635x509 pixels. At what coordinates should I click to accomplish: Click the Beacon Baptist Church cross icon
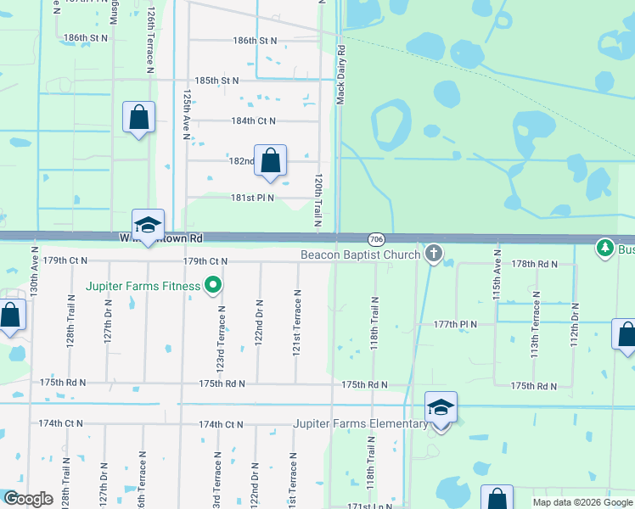click(x=434, y=253)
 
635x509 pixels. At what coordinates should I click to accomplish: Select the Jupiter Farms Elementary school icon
click(x=441, y=408)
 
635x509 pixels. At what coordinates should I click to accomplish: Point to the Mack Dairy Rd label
click(x=340, y=76)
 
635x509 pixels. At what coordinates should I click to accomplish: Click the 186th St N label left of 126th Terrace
click(x=86, y=38)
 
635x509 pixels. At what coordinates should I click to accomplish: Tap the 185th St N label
click(x=216, y=81)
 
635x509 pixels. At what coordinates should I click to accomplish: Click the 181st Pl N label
click(x=254, y=198)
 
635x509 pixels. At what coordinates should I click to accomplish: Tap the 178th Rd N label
click(x=535, y=264)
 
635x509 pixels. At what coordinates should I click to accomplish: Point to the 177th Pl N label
click(x=455, y=324)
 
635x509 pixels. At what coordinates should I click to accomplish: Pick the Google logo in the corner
click(x=28, y=499)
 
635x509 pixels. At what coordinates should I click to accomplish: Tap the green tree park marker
click(x=604, y=248)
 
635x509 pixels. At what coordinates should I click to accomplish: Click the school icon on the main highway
click(x=148, y=225)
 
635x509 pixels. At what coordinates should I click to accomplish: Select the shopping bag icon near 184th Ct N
click(x=138, y=117)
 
